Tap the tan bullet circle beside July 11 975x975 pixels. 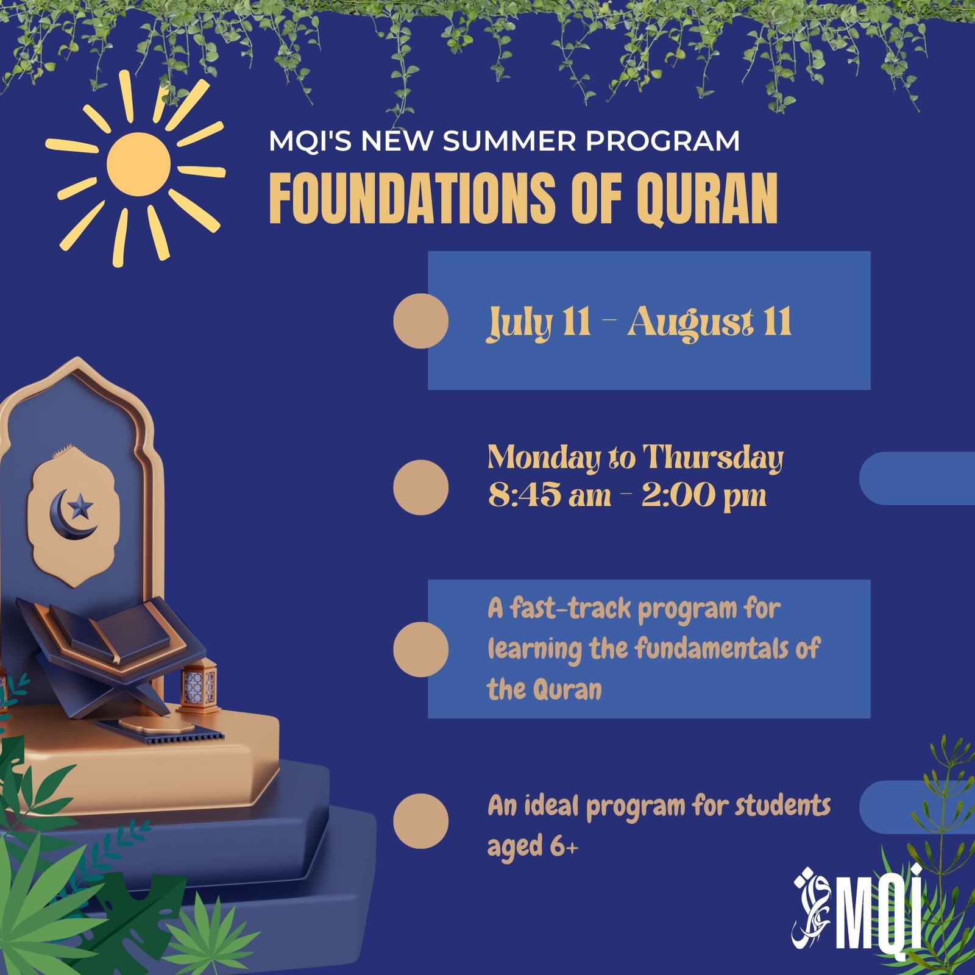[420, 321]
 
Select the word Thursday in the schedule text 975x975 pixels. [713, 458]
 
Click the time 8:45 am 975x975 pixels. [549, 495]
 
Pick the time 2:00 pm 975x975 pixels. [703, 495]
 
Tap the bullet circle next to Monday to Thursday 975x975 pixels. [420, 487]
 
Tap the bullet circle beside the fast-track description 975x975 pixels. [420, 649]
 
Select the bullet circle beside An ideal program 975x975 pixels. [420, 821]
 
